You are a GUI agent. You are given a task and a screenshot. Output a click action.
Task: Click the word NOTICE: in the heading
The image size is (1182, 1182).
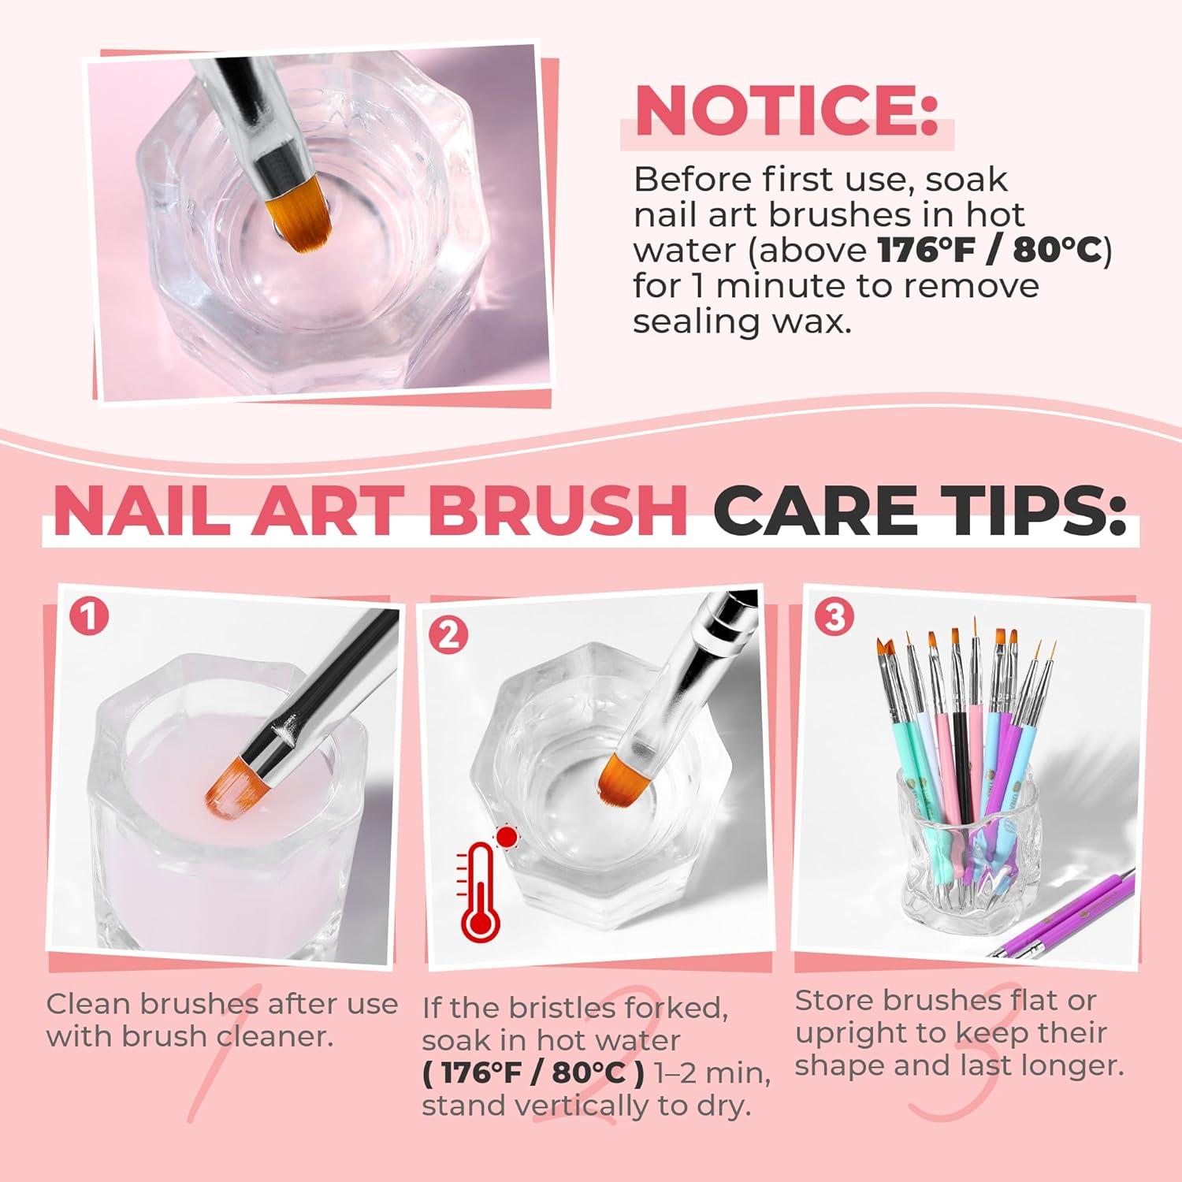pos(786,112)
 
